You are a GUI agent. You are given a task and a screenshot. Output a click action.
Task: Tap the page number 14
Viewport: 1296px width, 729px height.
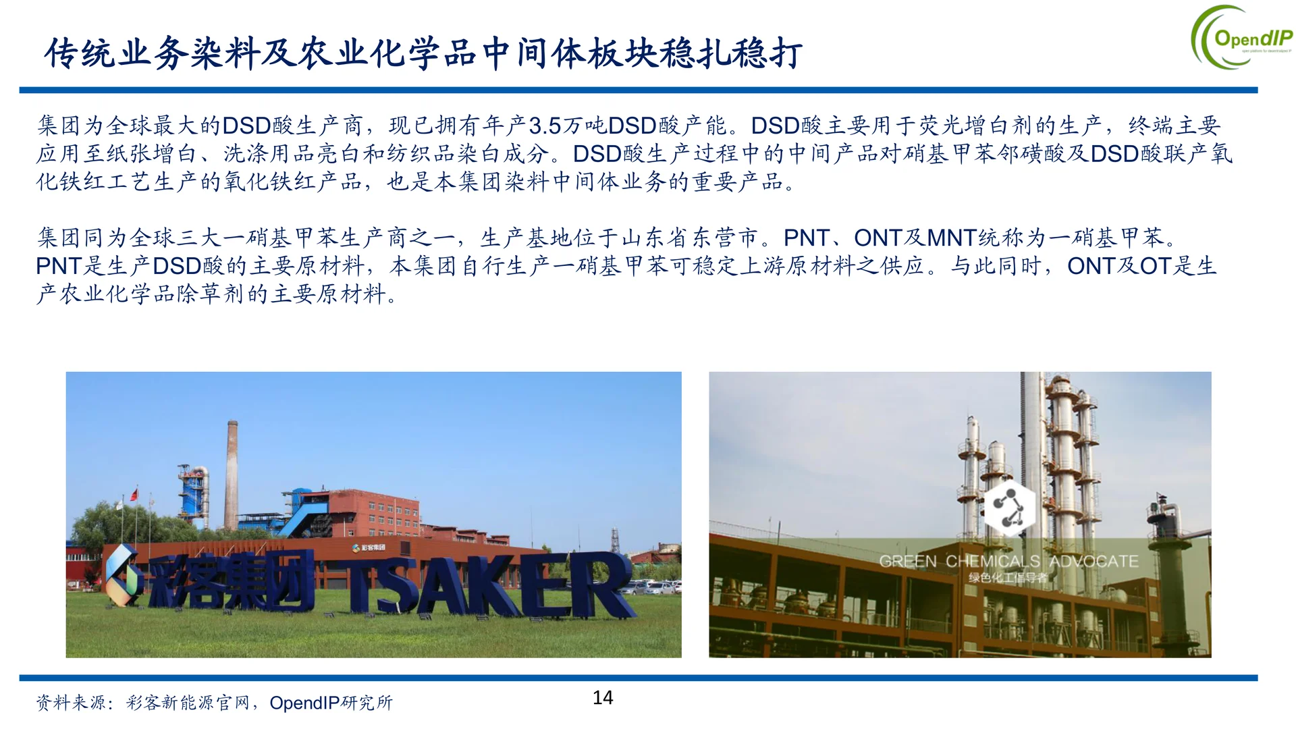tap(603, 697)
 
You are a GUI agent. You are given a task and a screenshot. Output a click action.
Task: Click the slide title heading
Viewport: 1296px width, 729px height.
tap(423, 53)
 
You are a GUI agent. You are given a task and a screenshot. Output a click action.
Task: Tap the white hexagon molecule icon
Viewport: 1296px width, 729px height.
tap(1009, 508)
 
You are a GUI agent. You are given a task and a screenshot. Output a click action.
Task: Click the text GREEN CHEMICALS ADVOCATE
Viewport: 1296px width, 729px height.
tap(1008, 561)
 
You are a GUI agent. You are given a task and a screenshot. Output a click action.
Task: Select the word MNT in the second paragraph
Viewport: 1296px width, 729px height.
tap(952, 238)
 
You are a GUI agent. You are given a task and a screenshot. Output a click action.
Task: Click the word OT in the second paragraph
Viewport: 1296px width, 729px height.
tap(1155, 266)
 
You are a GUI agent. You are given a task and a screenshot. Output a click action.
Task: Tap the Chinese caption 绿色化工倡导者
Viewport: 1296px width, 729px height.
tap(1008, 578)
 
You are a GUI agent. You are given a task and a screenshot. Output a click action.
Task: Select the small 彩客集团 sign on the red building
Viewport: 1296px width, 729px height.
tap(369, 547)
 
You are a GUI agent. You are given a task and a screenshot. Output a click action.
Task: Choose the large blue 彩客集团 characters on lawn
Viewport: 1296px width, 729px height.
tap(230, 579)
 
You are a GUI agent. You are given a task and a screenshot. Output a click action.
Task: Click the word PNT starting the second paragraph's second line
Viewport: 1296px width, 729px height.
tap(59, 266)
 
